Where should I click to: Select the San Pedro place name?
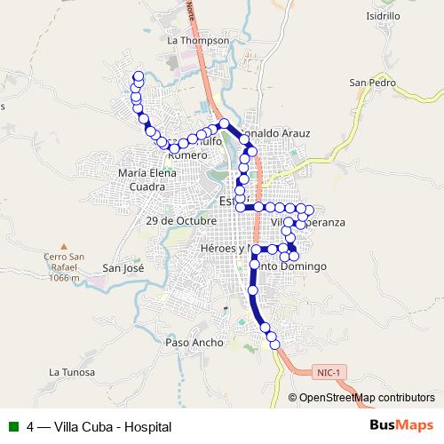[371, 83]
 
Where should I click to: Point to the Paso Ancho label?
[194, 342]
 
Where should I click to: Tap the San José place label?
[123, 267]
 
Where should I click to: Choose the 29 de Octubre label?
[182, 219]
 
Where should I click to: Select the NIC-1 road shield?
[329, 373]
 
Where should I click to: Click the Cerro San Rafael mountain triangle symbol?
[63, 247]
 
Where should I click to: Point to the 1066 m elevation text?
[63, 278]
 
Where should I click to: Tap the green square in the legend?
[13, 427]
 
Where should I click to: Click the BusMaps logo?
[401, 426]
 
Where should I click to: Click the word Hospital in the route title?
[147, 427]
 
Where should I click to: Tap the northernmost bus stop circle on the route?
[138, 75]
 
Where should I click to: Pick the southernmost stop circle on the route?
[274, 343]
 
